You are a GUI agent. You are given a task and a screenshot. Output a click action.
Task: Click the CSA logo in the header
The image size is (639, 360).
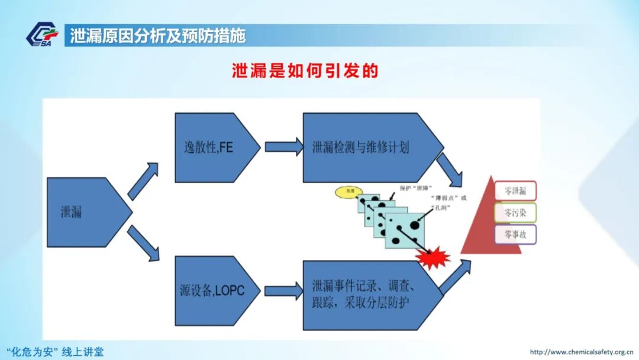[42, 36]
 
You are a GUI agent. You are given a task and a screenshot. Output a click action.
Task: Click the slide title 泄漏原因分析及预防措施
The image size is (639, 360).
[157, 36]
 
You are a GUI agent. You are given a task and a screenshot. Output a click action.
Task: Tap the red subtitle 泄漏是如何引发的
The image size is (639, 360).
[304, 71]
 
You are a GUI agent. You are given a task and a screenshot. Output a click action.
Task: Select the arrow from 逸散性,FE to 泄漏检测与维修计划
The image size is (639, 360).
[283, 147]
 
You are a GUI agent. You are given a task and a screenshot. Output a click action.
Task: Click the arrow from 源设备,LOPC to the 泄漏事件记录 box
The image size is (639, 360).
[283, 291]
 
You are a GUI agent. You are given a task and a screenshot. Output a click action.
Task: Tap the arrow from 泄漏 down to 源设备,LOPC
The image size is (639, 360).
[143, 243]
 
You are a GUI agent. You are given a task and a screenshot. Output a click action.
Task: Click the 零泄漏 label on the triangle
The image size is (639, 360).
[515, 191]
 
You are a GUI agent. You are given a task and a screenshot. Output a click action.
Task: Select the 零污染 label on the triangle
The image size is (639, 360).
[515, 213]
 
